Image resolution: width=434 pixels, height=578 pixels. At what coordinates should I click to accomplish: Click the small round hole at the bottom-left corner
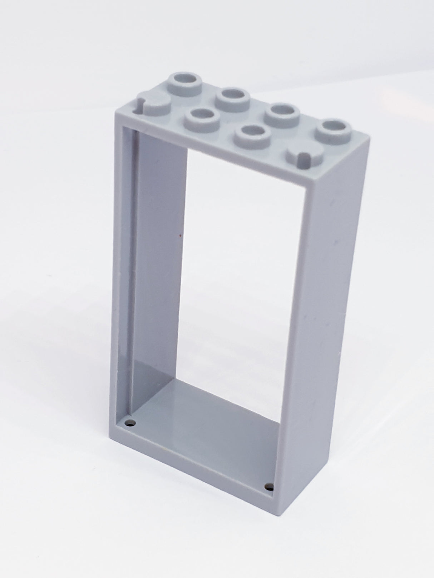coord(131,424)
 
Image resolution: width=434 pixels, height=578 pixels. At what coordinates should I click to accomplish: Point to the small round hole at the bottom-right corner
coord(269,486)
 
